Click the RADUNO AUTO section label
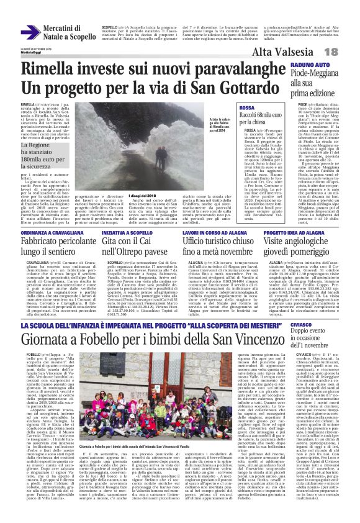(310, 65)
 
